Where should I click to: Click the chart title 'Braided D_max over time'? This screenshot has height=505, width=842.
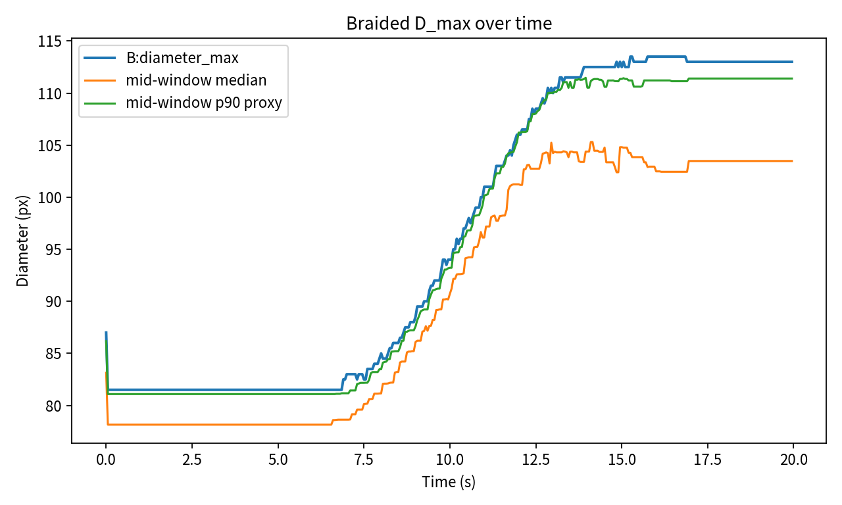pos(449,24)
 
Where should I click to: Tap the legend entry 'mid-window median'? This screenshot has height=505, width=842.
pos(196,81)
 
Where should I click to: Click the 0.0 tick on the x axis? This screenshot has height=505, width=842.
pos(106,459)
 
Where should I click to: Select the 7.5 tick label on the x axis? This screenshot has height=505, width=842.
pos(364,459)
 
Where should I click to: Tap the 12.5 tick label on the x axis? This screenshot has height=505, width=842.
pos(535,459)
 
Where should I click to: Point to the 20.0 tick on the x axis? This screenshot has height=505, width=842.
pos(793,459)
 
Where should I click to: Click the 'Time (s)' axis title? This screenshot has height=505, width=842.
pos(449,482)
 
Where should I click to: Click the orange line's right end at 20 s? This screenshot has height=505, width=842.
pos(793,161)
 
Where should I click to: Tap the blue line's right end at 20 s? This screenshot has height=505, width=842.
pos(793,62)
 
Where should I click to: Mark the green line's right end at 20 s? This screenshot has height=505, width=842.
pos(793,78)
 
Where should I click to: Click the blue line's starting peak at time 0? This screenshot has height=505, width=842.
pos(106,333)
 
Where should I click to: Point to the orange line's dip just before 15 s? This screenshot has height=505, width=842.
pos(618,172)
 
